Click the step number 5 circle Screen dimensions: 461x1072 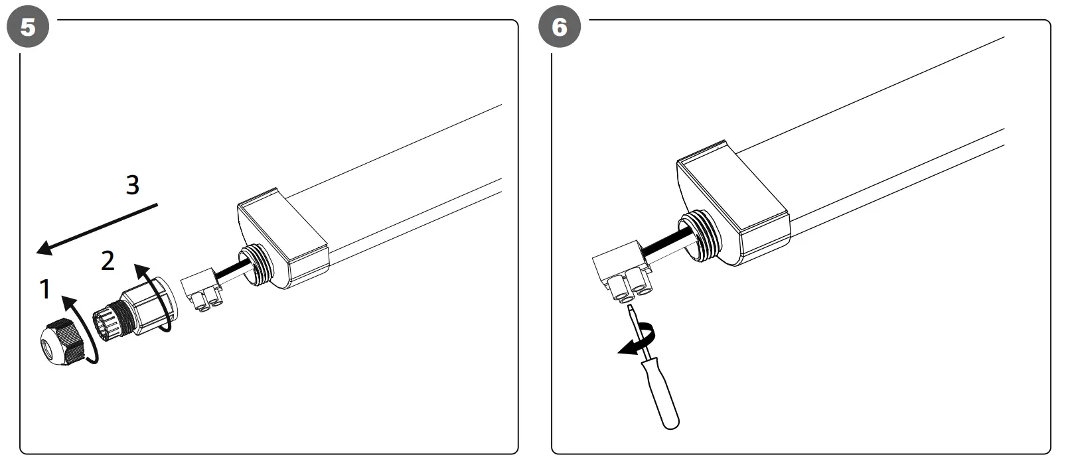click(27, 27)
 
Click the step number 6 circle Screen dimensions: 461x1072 click(560, 27)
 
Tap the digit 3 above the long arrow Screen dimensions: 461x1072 click(133, 184)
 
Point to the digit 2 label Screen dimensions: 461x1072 click(108, 261)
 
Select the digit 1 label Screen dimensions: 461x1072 click(45, 289)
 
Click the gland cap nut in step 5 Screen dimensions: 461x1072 click(61, 340)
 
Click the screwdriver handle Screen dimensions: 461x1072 click(663, 393)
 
